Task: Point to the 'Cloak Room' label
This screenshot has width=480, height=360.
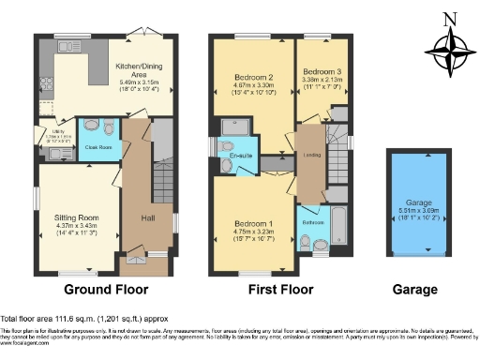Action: point(100,146)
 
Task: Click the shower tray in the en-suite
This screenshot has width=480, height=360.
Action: point(232,127)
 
